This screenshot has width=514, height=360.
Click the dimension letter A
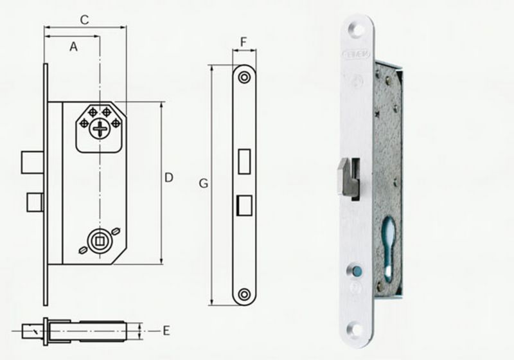[x=73, y=46]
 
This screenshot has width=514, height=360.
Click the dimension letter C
[x=84, y=19]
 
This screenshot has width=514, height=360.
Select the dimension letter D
[x=169, y=177]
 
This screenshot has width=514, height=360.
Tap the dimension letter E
[x=166, y=330]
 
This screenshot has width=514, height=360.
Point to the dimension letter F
[x=244, y=42]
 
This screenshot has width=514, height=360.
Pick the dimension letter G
[x=203, y=184]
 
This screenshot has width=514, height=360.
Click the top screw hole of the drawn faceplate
[x=244, y=77]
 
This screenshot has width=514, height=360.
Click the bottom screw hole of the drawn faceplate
[x=244, y=294]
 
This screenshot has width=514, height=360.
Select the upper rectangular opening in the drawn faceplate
[x=244, y=161]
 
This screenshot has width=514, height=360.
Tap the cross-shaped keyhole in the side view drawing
[x=100, y=129]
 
